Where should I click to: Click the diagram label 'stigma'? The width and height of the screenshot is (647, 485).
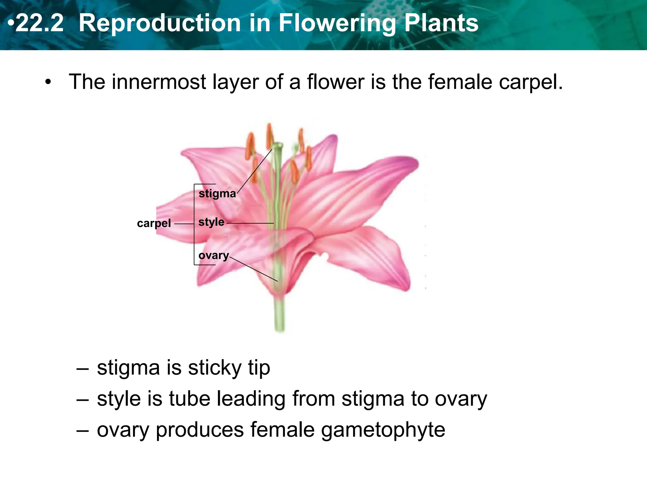(217, 193)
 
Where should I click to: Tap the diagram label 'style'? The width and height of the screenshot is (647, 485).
(211, 222)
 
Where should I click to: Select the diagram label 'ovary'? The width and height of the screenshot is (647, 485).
(214, 255)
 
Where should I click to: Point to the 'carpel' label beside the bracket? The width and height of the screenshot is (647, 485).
(154, 223)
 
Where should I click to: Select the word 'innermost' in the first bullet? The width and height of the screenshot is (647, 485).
(159, 82)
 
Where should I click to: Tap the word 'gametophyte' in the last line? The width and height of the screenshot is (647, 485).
(383, 430)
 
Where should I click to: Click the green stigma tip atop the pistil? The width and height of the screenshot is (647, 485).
(278, 146)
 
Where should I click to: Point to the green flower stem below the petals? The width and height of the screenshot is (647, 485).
(279, 314)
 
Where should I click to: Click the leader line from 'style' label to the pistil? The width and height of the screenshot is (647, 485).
(250, 223)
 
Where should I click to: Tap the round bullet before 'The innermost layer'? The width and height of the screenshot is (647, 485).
(48, 82)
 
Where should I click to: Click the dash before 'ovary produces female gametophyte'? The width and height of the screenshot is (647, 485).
(82, 430)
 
